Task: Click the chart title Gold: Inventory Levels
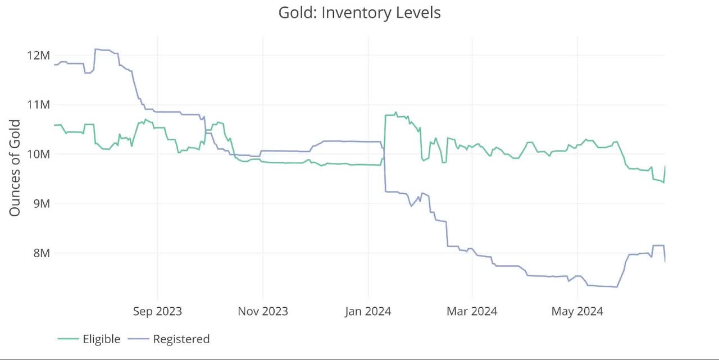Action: [359, 12]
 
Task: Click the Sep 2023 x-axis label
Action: [157, 311]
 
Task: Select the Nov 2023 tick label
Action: [262, 311]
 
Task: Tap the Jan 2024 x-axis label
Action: [368, 311]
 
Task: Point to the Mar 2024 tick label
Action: [472, 311]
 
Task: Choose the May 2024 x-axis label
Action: [577, 311]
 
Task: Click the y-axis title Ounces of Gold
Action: [15, 167]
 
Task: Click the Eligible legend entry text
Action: [101, 339]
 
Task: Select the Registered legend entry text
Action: [181, 339]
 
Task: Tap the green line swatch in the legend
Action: [67, 339]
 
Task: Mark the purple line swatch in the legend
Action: [138, 339]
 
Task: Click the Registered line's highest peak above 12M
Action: [96, 49]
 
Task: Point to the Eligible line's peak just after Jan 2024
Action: [395, 112]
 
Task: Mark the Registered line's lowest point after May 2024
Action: [616, 287]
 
